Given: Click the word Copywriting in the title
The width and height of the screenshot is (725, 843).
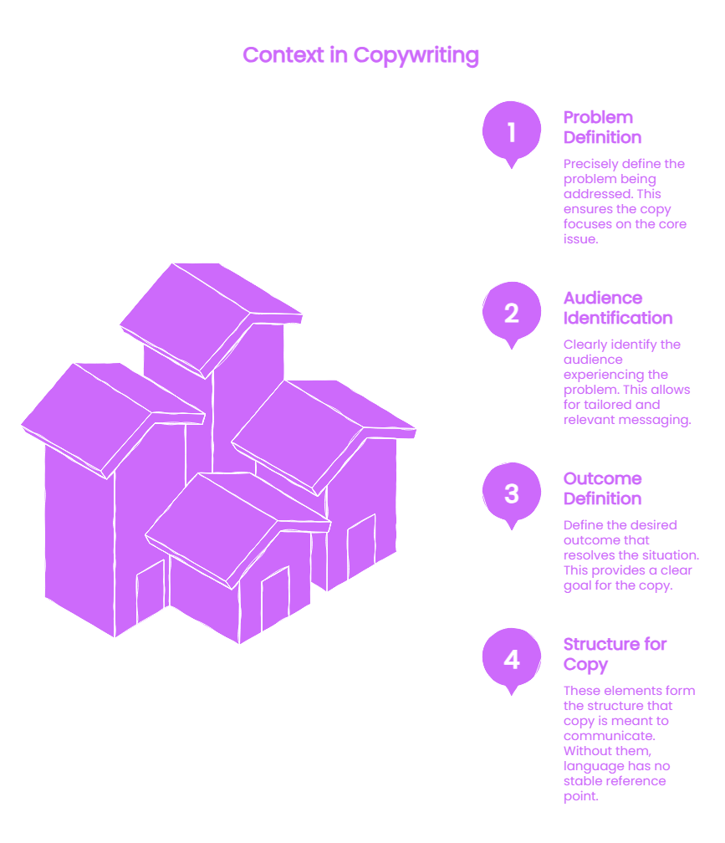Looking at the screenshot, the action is [416, 56].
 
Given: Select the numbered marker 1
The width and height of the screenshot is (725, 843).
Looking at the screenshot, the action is [512, 132].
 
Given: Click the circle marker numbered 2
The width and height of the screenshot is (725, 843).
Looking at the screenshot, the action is [512, 313].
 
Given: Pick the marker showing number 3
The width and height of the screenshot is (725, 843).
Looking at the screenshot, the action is [512, 493].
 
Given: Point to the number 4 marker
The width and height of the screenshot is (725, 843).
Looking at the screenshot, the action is [512, 659].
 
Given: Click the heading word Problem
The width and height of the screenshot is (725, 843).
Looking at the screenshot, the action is [598, 117].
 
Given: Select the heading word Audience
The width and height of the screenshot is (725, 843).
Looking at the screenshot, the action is [602, 298].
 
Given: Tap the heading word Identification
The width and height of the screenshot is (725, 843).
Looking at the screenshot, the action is [618, 318].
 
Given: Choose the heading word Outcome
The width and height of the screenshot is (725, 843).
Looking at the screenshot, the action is [602, 478].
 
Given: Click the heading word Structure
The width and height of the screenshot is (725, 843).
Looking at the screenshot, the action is [600, 644].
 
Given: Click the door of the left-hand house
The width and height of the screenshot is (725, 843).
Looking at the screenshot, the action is [151, 590].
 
